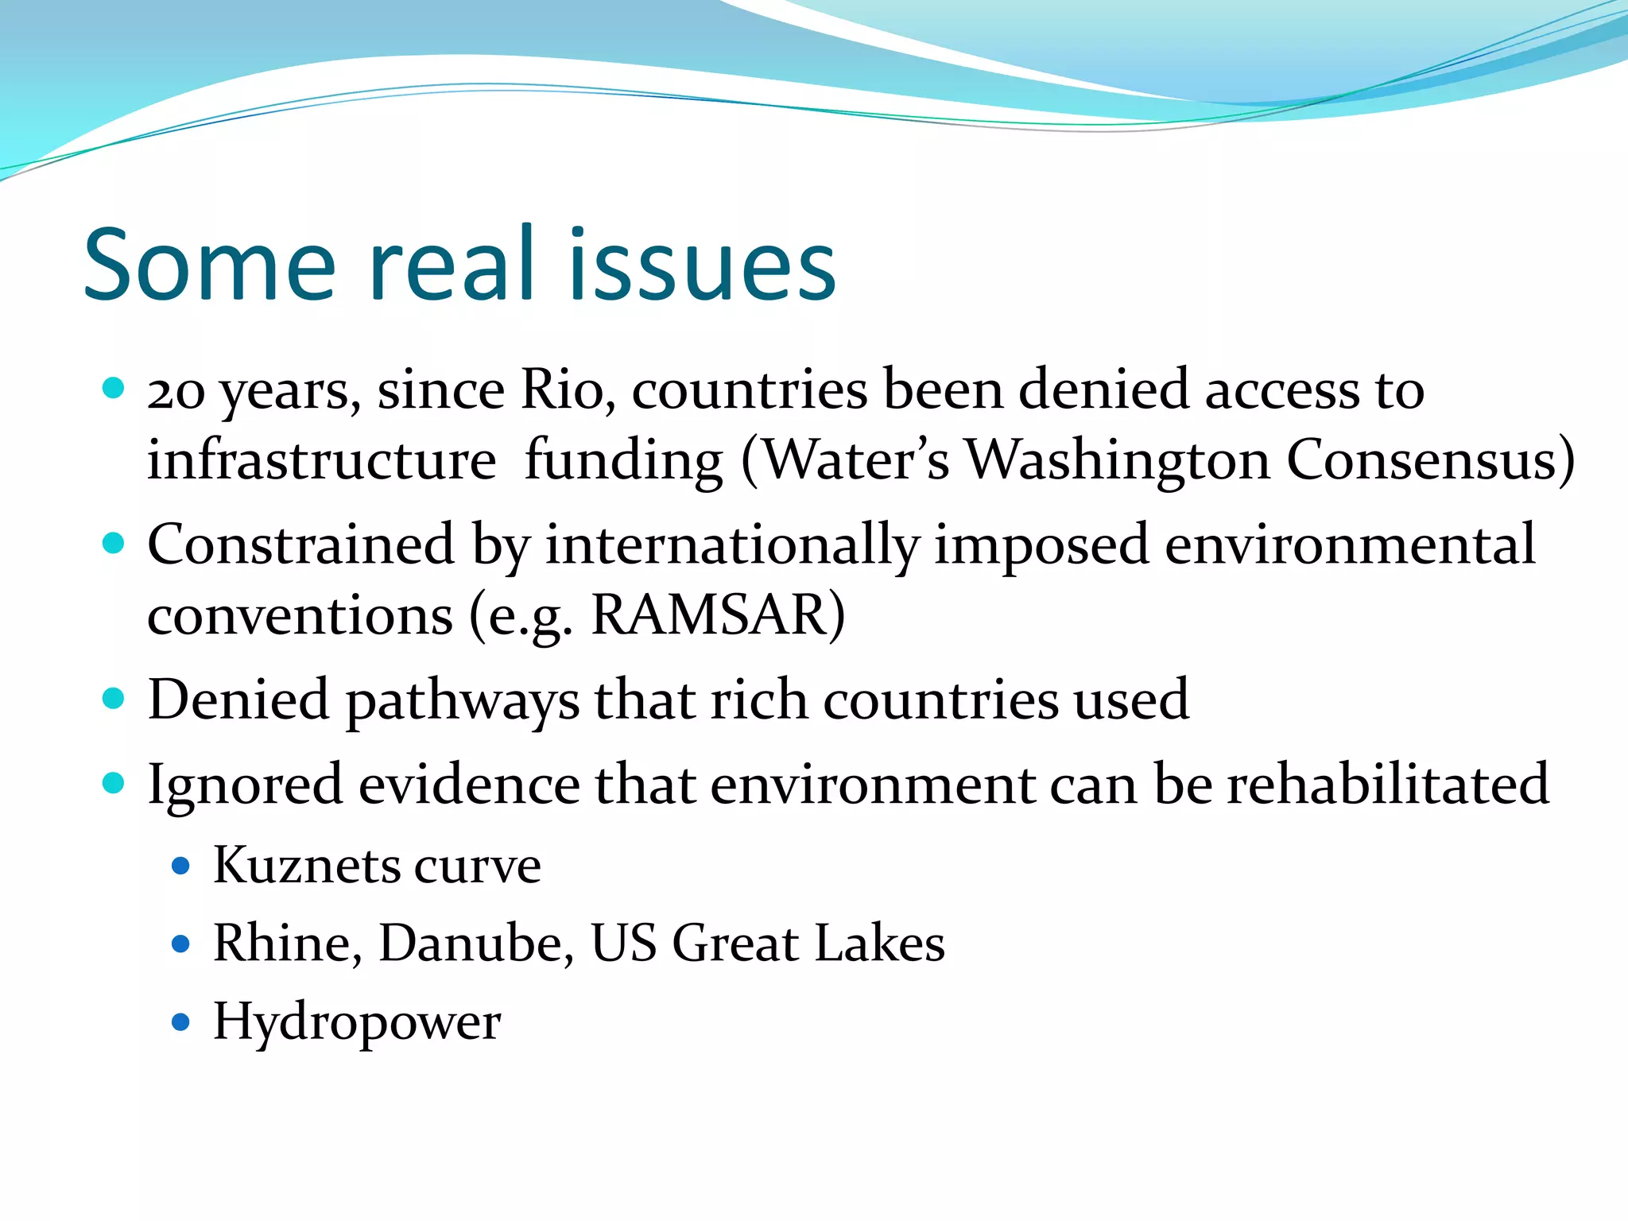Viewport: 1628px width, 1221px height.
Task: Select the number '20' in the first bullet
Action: click(176, 392)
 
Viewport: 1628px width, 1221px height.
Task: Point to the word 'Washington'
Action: click(1118, 461)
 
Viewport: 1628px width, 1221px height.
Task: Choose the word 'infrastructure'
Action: click(322, 461)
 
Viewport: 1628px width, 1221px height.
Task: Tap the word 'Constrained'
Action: click(301, 545)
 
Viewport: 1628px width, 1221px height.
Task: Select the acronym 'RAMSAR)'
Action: click(719, 616)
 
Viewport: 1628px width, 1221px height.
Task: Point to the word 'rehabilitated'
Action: click(1388, 784)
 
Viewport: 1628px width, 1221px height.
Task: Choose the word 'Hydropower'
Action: click(357, 1023)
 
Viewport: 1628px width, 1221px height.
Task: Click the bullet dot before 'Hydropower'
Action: click(181, 1021)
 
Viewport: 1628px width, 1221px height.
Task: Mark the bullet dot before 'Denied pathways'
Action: click(114, 699)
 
